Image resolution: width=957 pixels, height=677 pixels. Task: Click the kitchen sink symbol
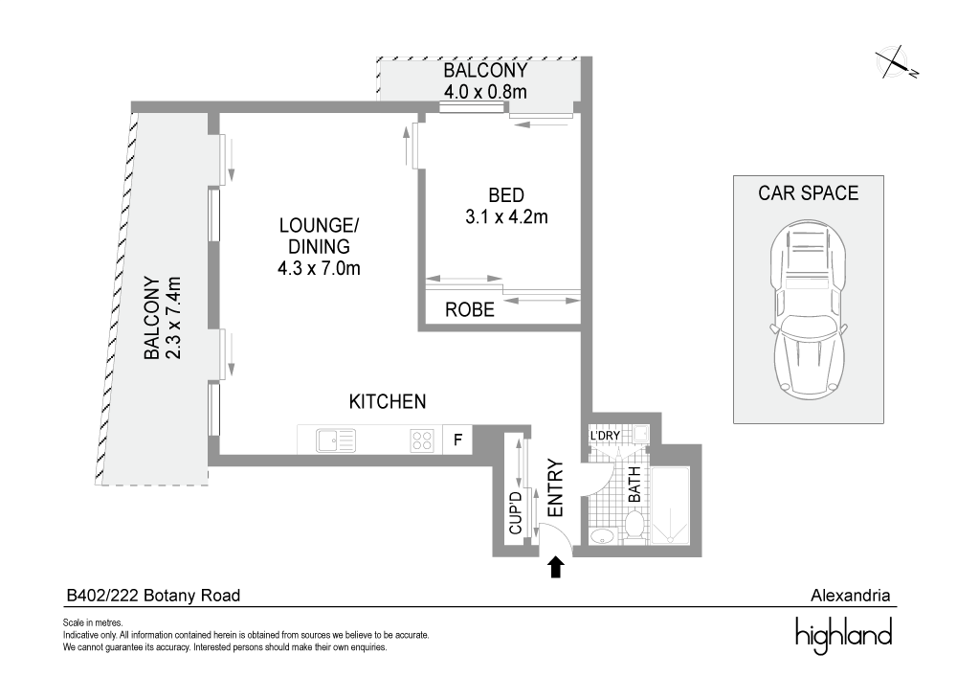point(334,440)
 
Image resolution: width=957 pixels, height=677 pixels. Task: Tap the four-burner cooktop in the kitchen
point(422,440)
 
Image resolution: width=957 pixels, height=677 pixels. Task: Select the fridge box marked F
point(457,440)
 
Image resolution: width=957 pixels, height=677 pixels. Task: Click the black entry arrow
point(555,568)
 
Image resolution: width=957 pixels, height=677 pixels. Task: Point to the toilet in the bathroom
point(633,523)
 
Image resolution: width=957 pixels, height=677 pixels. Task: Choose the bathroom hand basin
point(601,534)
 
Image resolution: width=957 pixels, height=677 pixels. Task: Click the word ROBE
point(470,310)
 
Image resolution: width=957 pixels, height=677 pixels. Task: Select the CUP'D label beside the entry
point(515,512)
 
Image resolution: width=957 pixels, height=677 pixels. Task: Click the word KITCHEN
point(387,401)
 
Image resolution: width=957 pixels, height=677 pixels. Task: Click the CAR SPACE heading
point(809,192)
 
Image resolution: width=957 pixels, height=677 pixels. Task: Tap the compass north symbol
point(898,62)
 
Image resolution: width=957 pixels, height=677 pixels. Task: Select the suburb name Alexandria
point(850,596)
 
